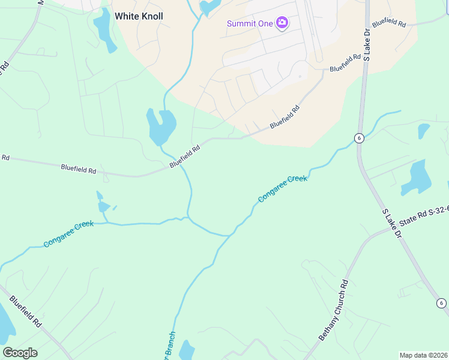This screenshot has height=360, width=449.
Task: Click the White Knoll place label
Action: click(x=139, y=16)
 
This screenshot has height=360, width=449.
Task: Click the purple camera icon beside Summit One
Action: click(x=282, y=23)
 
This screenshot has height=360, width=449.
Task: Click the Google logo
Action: click(x=20, y=352)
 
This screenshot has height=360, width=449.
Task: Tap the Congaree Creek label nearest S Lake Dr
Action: click(x=282, y=188)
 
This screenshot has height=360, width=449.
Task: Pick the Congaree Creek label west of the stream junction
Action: click(x=68, y=235)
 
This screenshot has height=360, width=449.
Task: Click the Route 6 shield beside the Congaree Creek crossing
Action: click(x=359, y=138)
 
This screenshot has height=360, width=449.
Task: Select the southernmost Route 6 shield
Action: click(x=441, y=303)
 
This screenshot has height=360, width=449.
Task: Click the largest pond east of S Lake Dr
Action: click(x=414, y=178)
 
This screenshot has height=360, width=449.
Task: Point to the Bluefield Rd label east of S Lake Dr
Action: click(x=389, y=23)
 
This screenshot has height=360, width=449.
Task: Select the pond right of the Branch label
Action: click(x=187, y=351)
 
